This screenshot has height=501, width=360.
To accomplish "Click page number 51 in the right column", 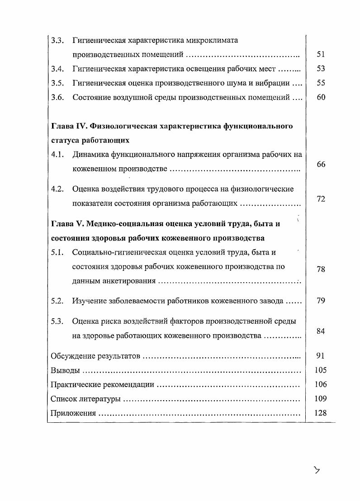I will point(321,54).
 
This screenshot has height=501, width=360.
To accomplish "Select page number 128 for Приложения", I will point(321,413).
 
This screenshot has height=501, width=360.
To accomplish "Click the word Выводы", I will point(66,370).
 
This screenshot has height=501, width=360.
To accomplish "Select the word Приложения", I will point(73,413).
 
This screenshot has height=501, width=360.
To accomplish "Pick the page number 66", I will point(321,165).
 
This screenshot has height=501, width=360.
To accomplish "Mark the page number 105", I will point(321,370).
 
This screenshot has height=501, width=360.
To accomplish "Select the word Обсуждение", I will point(73,356).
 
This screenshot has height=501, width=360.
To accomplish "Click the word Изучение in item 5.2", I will point(89,301).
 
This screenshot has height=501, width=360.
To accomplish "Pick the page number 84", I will point(321,331).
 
